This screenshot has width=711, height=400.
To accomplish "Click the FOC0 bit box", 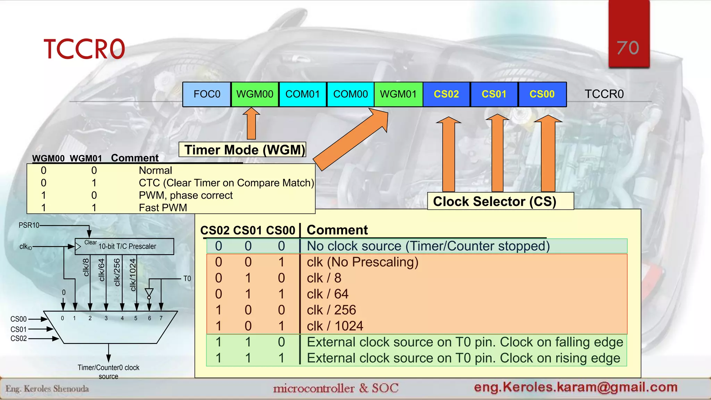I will tap(207, 94).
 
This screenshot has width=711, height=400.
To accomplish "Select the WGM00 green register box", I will tap(255, 94).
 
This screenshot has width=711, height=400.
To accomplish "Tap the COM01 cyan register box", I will tap(302, 94).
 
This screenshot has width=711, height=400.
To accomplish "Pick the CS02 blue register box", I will tap(446, 94).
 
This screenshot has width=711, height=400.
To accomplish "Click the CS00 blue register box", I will tap(542, 94).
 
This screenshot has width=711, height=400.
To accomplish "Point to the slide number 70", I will tap(628, 48).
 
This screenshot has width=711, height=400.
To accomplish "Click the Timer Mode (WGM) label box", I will tap(243, 150).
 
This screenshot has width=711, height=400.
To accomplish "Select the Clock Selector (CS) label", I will tap(495, 201).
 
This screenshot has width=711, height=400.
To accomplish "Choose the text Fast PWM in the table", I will tap(163, 208).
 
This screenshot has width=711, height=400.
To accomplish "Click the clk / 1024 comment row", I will tap(335, 326).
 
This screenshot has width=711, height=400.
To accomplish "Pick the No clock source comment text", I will tap(428, 246).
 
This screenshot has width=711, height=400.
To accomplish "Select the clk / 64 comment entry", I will tap(327, 294).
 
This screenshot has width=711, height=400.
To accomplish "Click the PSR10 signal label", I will tap(29, 225).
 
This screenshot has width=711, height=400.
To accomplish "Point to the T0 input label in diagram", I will tap(187, 278).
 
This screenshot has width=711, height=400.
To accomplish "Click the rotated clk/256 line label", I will tap(117, 272).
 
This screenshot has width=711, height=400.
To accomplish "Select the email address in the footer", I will tap(576, 387).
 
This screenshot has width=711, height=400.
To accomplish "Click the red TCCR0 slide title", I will tap(84, 49).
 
